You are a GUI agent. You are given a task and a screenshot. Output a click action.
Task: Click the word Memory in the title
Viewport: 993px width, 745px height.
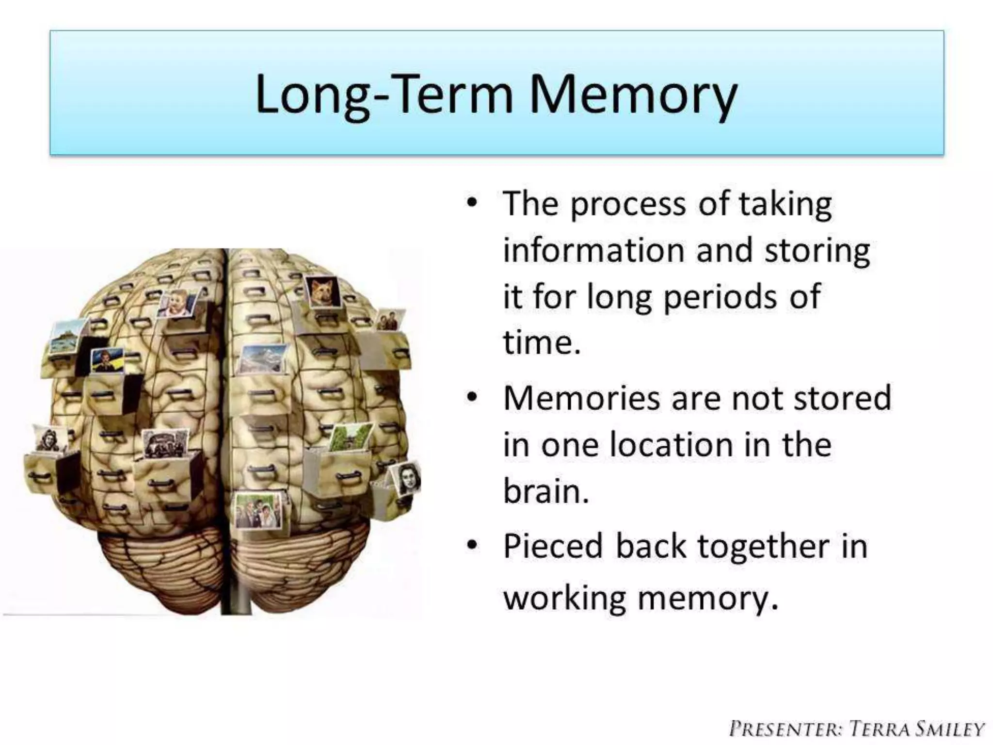[633, 95]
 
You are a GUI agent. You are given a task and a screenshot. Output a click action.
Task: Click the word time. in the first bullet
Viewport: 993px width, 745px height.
[542, 342]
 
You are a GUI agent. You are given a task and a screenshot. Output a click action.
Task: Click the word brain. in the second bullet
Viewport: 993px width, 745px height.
[546, 491]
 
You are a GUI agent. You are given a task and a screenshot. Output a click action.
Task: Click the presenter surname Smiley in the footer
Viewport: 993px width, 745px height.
[950, 729]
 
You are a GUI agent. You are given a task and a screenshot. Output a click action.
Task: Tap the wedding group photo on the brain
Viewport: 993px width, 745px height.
[258, 511]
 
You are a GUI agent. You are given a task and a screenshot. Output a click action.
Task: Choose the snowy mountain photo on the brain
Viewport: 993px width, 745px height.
[262, 359]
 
